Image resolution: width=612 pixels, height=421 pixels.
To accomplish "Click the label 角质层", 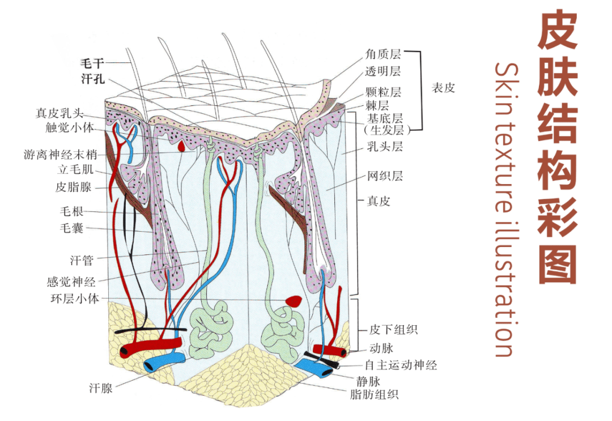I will pyautogui.click(x=384, y=54).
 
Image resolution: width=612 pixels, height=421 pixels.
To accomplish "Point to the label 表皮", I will pyautogui.click(x=443, y=88).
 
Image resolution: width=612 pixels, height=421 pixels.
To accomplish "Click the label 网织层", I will pyautogui.click(x=385, y=176).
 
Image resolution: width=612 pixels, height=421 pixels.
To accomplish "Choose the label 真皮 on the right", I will pyautogui.click(x=378, y=201).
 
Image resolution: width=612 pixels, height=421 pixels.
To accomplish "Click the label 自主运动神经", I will pyautogui.click(x=401, y=365).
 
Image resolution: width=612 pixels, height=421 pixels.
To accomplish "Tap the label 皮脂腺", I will pyautogui.click(x=74, y=186).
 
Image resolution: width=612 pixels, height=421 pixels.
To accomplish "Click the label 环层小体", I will pyautogui.click(x=73, y=298).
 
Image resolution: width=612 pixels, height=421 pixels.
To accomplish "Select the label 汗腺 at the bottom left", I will pyautogui.click(x=101, y=388).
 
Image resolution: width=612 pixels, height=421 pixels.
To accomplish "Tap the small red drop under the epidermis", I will pyautogui.click(x=181, y=146).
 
